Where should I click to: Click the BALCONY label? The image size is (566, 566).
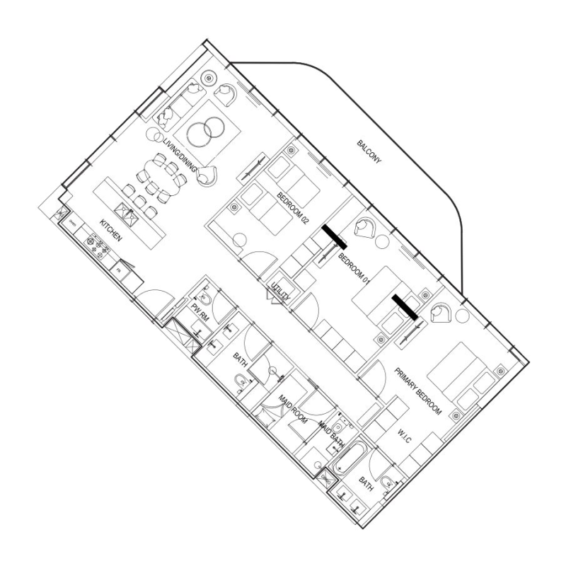click(369, 151)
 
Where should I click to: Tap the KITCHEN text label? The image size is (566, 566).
click(110, 231)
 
